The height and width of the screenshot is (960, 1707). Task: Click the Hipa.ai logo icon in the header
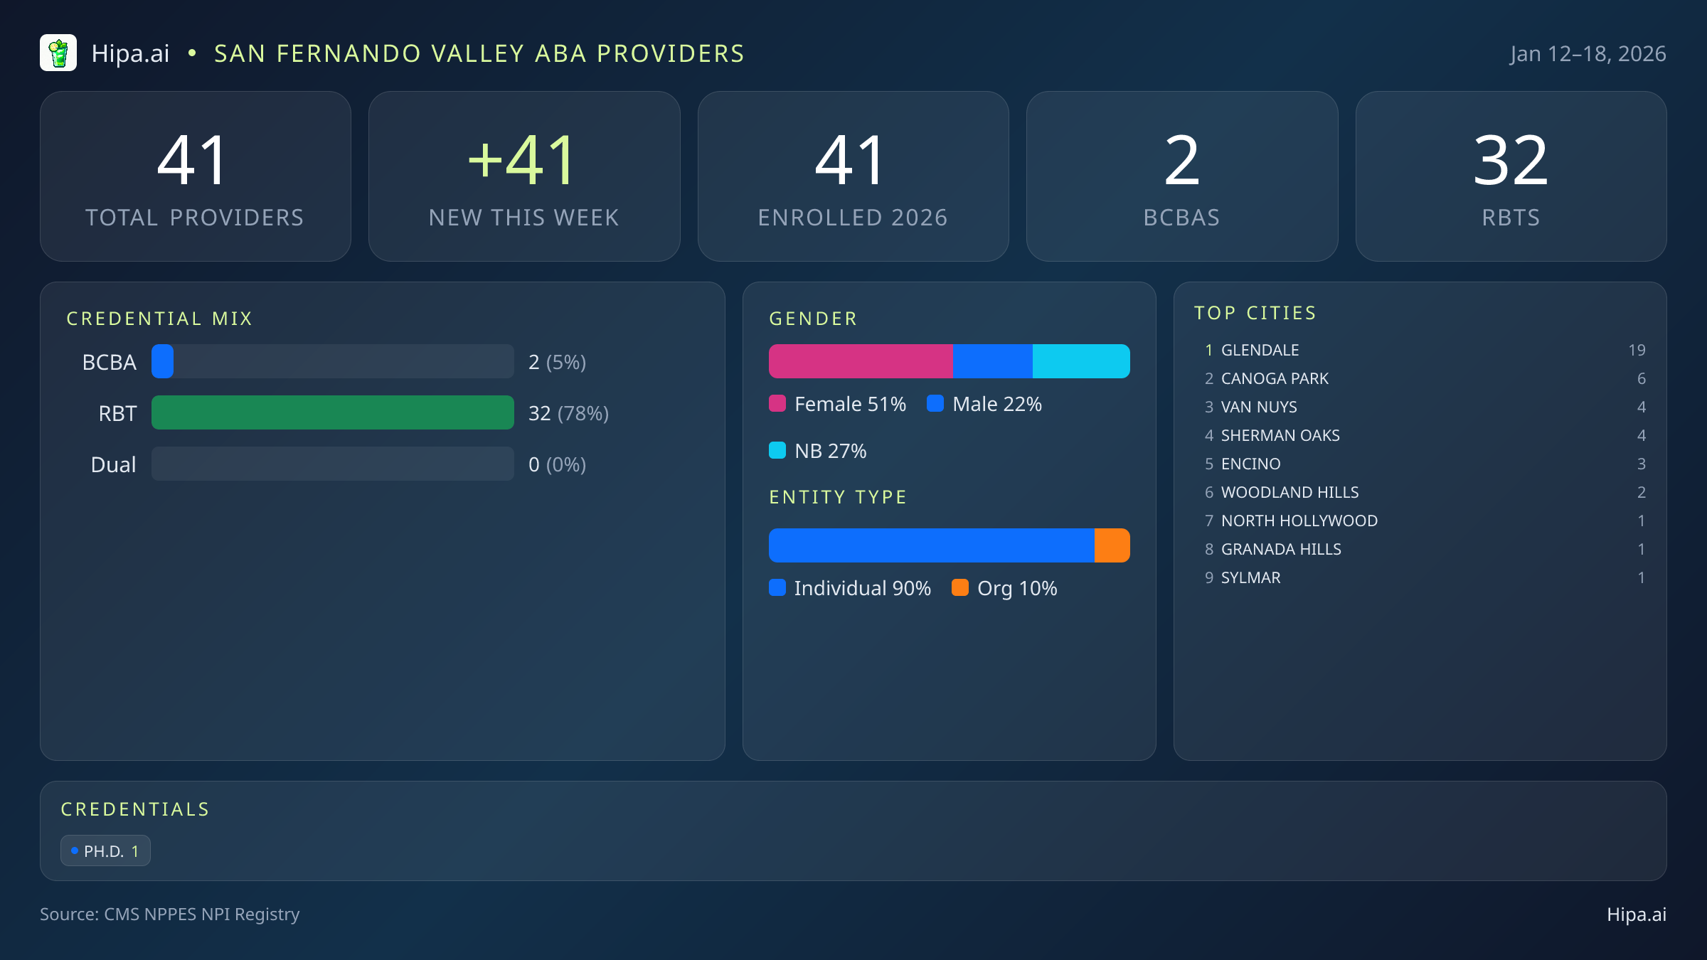(x=58, y=53)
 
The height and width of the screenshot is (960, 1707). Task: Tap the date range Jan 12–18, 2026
(x=1588, y=54)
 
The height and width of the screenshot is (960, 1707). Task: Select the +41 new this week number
(x=523, y=161)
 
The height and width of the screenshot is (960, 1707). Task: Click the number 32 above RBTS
(x=1511, y=161)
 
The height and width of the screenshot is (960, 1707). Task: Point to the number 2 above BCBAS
(x=1181, y=161)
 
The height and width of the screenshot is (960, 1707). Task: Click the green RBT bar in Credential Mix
(x=332, y=412)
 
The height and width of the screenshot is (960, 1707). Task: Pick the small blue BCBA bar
(x=163, y=361)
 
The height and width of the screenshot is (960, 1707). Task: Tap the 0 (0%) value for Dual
(x=557, y=464)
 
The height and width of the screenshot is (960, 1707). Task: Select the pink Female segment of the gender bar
(x=861, y=361)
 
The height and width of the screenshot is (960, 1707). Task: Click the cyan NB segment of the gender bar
(x=1080, y=361)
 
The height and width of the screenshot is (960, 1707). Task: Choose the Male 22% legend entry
(x=985, y=404)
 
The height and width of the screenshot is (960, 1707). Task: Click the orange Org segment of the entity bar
(x=1112, y=545)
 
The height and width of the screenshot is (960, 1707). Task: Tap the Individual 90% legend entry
(x=851, y=588)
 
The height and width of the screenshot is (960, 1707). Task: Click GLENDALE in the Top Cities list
(x=1260, y=350)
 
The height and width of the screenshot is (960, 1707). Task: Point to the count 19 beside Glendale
(x=1637, y=350)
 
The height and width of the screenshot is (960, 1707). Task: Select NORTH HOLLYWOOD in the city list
(x=1299, y=521)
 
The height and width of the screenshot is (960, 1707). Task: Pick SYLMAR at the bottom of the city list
(x=1250, y=577)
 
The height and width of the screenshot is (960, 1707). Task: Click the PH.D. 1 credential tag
(x=105, y=850)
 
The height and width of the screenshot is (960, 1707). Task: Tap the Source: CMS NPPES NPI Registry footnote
(x=169, y=914)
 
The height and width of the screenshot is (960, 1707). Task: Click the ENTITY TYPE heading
(x=838, y=497)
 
